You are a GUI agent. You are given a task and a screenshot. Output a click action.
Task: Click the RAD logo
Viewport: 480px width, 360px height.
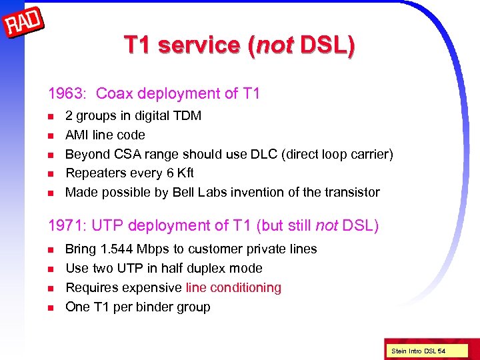(25, 25)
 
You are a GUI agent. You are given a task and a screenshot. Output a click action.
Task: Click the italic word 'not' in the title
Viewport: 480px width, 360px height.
(275, 45)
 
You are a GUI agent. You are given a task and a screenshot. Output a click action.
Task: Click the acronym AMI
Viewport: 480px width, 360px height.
(77, 135)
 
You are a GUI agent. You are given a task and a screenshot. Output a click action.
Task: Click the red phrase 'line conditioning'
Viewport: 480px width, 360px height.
(233, 288)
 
